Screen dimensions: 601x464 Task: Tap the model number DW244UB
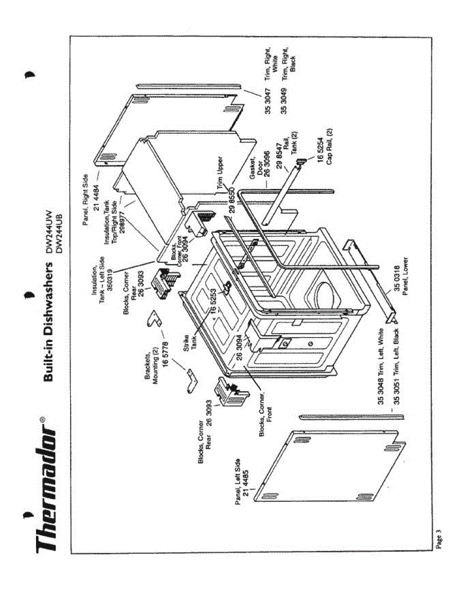[x=59, y=224]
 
